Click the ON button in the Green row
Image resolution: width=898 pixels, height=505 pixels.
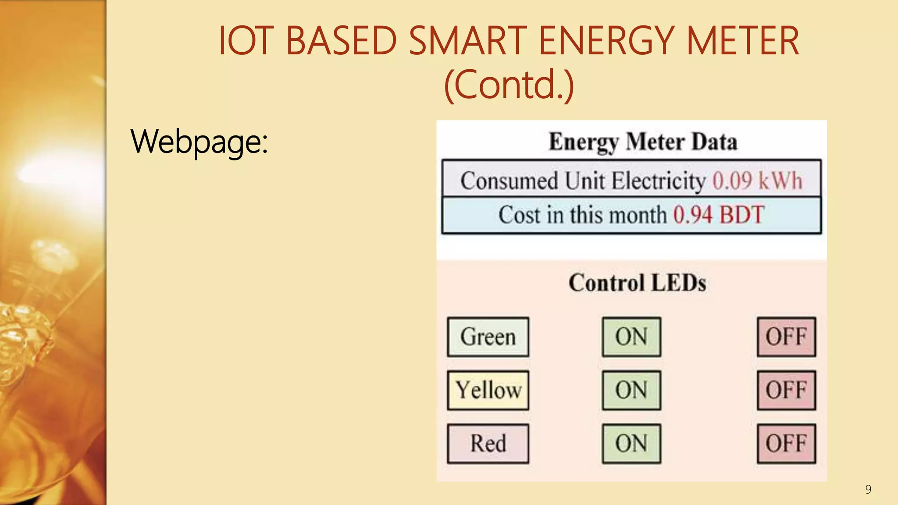[631, 337]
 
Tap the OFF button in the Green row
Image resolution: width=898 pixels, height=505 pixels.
[786, 337]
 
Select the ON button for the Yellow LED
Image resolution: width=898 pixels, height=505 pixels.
[631, 390]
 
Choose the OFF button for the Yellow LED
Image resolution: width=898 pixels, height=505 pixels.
[786, 390]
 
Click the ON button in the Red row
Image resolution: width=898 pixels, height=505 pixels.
[631, 444]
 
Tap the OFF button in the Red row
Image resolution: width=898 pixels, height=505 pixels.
[786, 444]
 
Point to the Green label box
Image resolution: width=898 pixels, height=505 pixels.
[488, 337]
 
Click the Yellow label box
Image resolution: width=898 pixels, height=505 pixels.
[488, 390]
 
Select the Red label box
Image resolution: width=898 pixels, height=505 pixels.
[488, 444]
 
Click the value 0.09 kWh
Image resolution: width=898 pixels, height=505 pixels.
[757, 181]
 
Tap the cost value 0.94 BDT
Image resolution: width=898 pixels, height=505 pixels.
[719, 215]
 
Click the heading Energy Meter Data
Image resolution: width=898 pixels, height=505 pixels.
[643, 142]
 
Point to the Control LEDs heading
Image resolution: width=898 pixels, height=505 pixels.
[637, 283]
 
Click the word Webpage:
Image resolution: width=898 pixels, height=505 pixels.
[199, 142]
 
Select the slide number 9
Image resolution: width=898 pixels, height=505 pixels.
[868, 490]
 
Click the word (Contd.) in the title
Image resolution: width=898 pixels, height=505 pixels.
[509, 85]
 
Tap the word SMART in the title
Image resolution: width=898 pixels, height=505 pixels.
[467, 41]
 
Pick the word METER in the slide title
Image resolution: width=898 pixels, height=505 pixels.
[743, 41]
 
